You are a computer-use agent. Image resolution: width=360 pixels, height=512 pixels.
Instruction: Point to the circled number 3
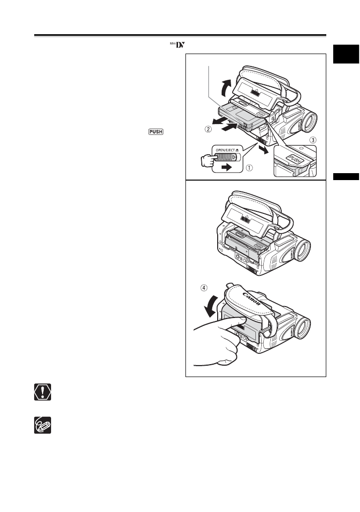coord(312,140)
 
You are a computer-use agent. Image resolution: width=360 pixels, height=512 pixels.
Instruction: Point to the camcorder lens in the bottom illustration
coord(302,327)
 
